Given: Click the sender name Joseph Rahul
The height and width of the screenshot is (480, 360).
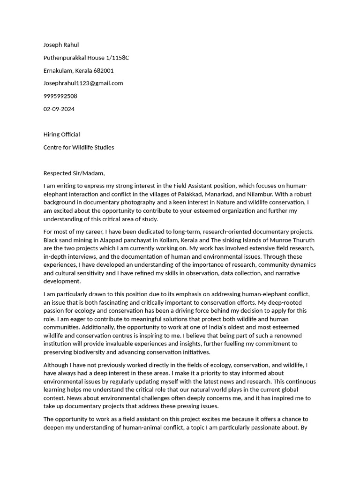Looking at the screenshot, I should pyautogui.click(x=61, y=45).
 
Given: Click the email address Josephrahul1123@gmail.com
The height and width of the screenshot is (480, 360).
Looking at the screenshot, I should pyautogui.click(x=83, y=83).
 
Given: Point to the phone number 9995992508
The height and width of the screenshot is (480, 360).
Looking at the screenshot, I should pyautogui.click(x=60, y=96).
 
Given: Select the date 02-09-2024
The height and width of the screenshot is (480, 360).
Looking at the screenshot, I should pyautogui.click(x=59, y=109).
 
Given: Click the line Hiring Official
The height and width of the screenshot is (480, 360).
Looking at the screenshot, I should pyautogui.click(x=61, y=135).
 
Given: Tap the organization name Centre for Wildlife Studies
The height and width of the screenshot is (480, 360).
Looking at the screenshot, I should pyautogui.click(x=79, y=147).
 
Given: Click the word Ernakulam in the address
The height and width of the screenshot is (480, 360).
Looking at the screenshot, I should pyautogui.click(x=58, y=71).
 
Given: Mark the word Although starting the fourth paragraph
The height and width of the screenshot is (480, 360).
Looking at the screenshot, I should pyautogui.click(x=57, y=365).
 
